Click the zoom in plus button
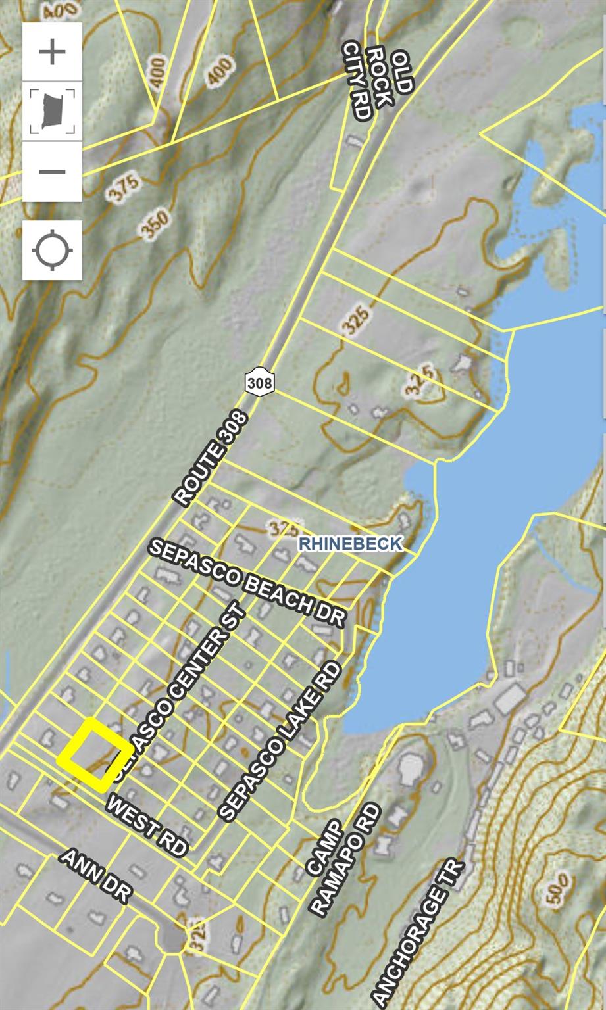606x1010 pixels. pos(52,52)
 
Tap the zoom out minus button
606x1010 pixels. pos(52,172)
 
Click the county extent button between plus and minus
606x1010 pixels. pos(52,112)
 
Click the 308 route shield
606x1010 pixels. pos(259,381)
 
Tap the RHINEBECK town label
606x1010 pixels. pos(350,544)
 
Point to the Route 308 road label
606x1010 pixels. pos(211,458)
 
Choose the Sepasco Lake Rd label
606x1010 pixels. pos(281,741)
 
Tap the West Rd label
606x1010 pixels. pos(146,825)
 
